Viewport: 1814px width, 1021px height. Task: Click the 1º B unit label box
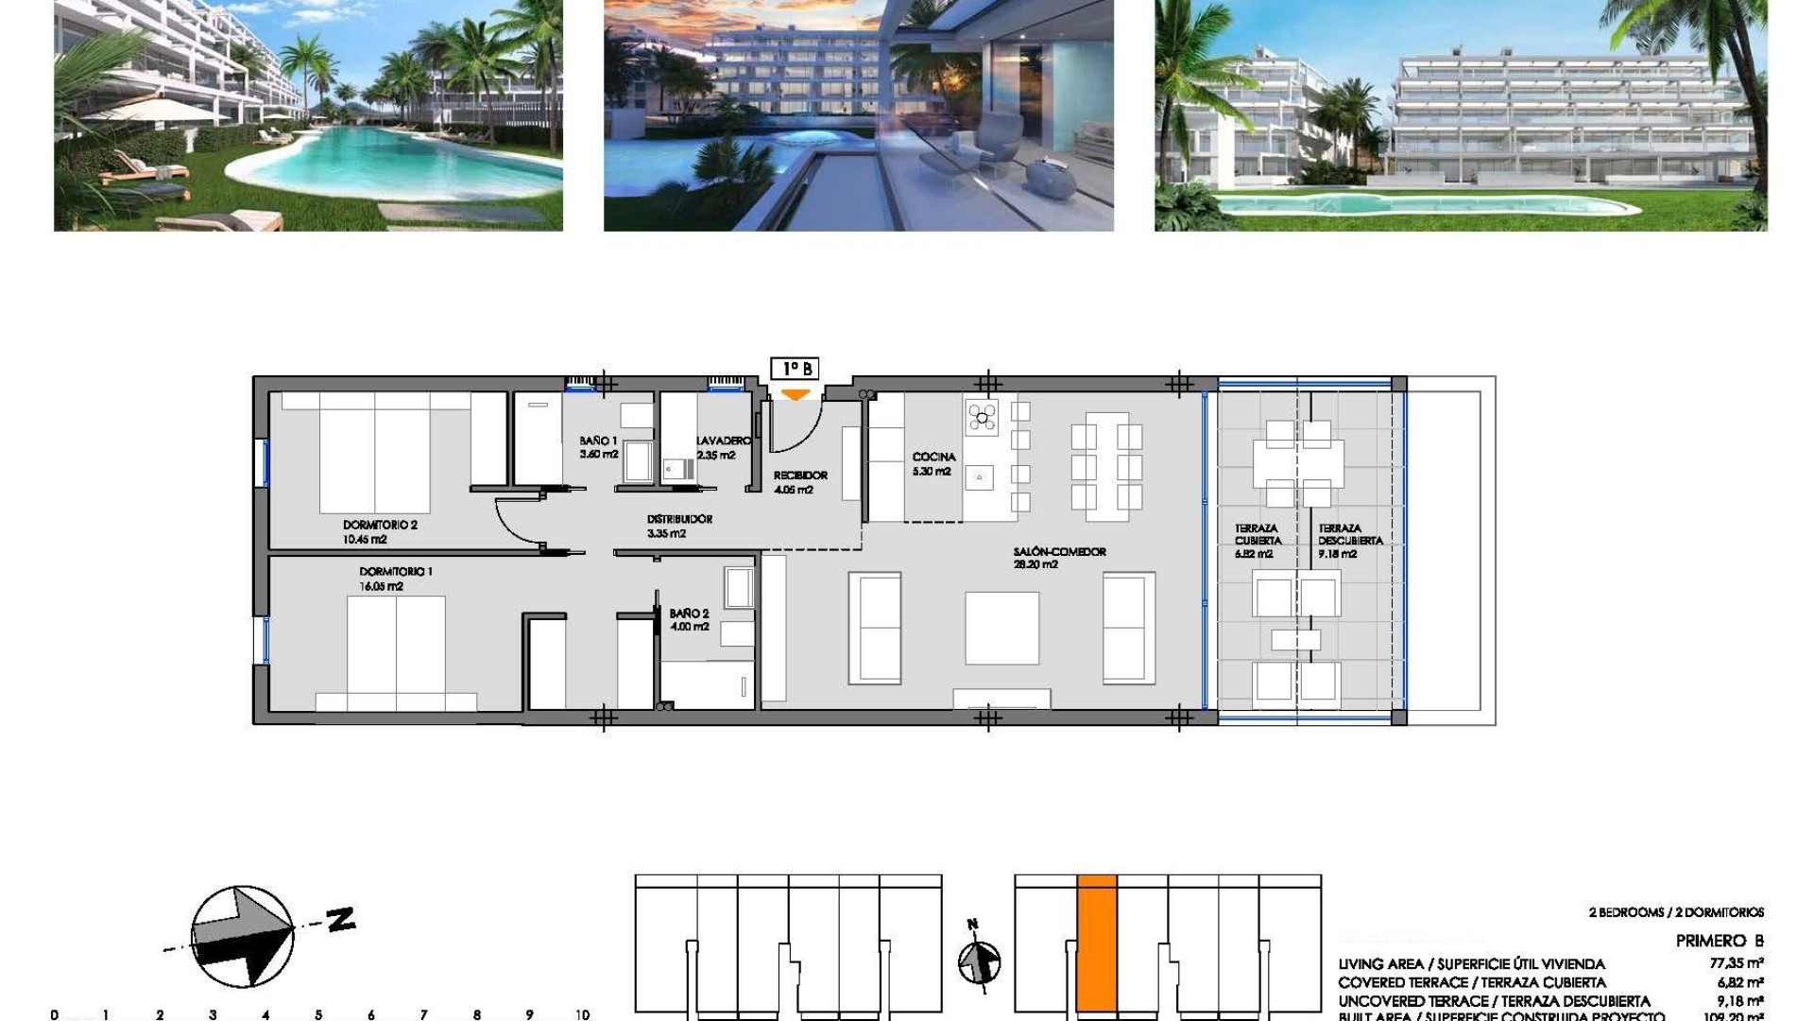click(x=795, y=369)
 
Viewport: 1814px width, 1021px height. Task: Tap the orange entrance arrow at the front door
click(x=796, y=395)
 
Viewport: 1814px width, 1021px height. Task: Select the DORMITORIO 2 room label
click(x=380, y=525)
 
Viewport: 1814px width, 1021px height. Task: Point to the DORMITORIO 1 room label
click(x=396, y=572)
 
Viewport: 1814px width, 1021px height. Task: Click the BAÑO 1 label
click(x=598, y=441)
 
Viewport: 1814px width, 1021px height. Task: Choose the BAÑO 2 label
click(x=689, y=614)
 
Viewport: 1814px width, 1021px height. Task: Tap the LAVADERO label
click(x=723, y=441)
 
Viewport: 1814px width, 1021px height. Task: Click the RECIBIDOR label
click(x=800, y=476)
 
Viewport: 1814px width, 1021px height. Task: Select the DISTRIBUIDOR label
click(x=679, y=519)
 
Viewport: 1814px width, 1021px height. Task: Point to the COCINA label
click(x=933, y=458)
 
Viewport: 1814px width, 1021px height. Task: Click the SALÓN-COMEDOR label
click(x=1059, y=552)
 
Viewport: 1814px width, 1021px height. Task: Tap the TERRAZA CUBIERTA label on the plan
click(x=1257, y=535)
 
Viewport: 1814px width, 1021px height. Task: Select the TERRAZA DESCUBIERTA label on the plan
click(x=1350, y=535)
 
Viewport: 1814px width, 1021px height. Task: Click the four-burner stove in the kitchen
click(x=982, y=416)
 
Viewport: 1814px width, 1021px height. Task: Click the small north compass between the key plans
click(x=979, y=962)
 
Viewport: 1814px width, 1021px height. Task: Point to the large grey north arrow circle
click(x=242, y=936)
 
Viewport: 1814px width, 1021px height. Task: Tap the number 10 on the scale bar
click(x=582, y=1014)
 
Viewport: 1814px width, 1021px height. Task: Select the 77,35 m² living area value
click(x=1737, y=964)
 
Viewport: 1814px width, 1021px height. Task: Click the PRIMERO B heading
click(x=1720, y=941)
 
